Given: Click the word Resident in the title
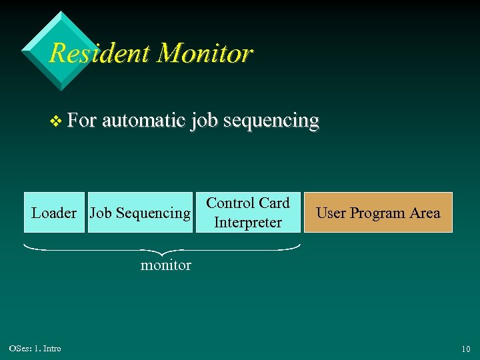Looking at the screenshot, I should pos(100,53).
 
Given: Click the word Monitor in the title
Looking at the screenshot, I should pos(205,53).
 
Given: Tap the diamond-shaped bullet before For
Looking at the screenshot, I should pos(56,121).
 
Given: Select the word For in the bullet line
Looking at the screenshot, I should pos(82,121).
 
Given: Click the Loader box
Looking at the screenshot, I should pos(54,213).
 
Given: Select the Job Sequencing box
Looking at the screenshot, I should pos(140,213).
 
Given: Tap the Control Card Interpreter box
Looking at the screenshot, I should pos(248,213).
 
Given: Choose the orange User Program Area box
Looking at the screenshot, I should pos(378,213).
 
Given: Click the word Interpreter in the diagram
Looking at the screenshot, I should pos(248,223).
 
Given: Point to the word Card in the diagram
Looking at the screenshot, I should pos(274,203).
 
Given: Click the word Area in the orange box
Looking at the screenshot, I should pos(425,213).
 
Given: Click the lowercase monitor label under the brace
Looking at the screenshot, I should pos(165,265).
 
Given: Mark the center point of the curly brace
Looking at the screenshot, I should pos(161,251).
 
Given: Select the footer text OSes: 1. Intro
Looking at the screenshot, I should pos(35,349).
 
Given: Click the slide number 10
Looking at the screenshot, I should pos(465,349).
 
